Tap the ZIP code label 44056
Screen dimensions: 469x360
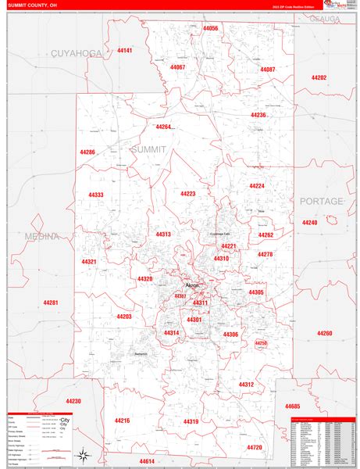click(x=210, y=29)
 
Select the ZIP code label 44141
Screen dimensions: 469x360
click(x=124, y=51)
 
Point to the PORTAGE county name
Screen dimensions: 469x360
click(x=321, y=201)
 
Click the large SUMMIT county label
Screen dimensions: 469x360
click(x=148, y=149)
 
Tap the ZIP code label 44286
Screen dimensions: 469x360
click(x=87, y=152)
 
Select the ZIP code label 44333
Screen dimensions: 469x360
click(x=96, y=195)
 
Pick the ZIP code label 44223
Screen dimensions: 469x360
click(x=187, y=193)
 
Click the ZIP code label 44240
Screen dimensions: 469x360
click(x=310, y=223)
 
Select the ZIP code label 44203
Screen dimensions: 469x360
click(x=123, y=317)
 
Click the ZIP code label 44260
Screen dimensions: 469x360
click(x=324, y=333)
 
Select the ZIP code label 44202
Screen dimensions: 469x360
click(x=318, y=77)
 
